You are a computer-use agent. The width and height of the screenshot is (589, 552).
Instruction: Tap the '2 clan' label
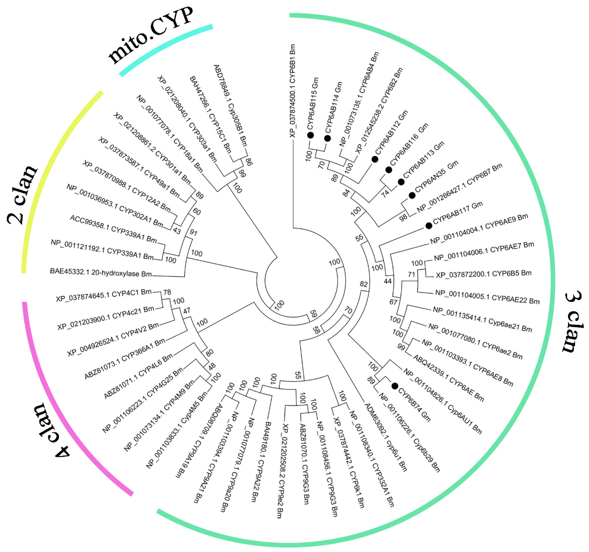[22, 194]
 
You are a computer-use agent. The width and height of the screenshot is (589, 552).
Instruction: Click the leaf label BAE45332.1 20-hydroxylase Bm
[101, 273]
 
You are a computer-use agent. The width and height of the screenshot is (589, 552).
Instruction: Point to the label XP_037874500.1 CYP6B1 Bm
[292, 91]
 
